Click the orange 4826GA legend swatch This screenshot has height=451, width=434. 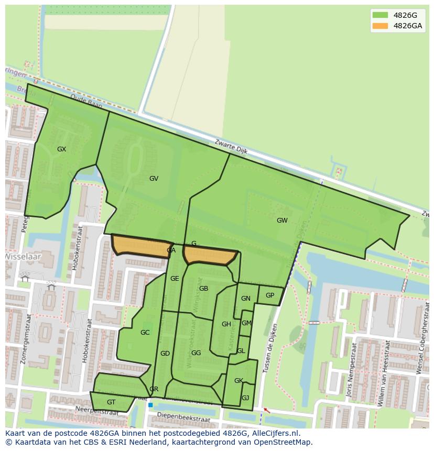(x=381, y=26)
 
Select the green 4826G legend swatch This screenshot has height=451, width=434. (x=381, y=15)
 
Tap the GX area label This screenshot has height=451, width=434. (x=61, y=149)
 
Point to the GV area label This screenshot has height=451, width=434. (x=154, y=179)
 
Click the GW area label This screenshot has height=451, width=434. (x=282, y=221)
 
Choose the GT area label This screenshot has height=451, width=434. (x=111, y=402)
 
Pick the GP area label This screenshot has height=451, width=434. (x=270, y=295)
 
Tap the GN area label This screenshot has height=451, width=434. (x=245, y=299)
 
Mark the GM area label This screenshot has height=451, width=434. (x=246, y=323)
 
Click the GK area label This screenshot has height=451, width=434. (x=238, y=381)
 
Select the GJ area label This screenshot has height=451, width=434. (x=245, y=398)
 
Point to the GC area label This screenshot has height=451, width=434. (x=145, y=333)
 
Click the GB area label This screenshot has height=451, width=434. (x=204, y=289)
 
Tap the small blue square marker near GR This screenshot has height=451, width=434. (x=150, y=405)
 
